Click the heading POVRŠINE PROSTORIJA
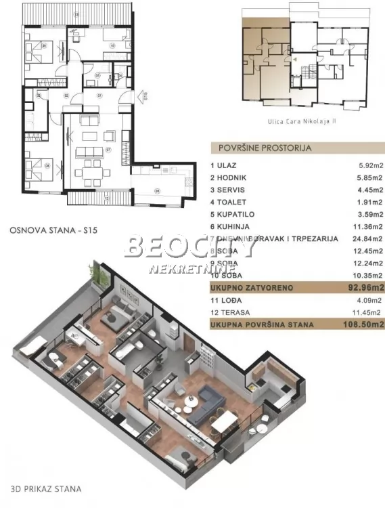261,147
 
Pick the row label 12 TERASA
231,312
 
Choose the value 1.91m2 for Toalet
368,202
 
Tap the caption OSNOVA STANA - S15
54,230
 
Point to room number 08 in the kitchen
157,190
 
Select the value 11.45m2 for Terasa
368,312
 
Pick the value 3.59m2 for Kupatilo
368,214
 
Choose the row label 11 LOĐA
227,300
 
